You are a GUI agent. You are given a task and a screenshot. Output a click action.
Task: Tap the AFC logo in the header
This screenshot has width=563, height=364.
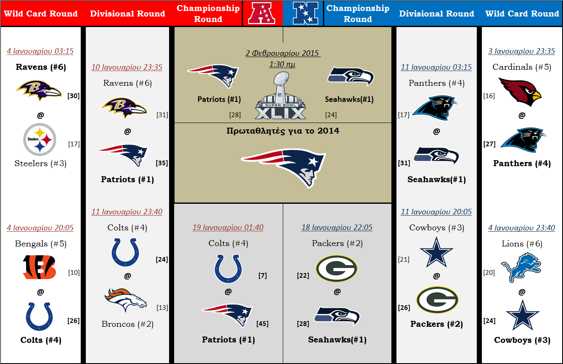coord(262,13)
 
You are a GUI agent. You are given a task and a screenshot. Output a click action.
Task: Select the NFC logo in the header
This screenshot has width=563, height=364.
coord(306,13)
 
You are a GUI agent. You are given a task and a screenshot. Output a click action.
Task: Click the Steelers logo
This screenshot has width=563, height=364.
coord(40,140)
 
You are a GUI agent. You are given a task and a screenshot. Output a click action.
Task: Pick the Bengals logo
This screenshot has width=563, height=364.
coord(39,267)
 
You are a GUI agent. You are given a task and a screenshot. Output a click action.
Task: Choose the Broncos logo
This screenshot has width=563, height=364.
coord(126,300)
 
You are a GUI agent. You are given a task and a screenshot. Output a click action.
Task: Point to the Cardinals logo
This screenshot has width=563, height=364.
coord(520,92)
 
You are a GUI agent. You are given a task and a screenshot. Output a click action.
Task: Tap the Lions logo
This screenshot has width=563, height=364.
coord(521,268)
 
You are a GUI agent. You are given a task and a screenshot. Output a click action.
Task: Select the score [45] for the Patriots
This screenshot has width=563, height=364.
coord(262,323)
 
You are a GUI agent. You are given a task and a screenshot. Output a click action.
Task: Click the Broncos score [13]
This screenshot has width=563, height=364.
coord(162,307)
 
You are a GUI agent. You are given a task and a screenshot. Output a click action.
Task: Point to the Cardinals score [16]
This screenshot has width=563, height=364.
coord(489,96)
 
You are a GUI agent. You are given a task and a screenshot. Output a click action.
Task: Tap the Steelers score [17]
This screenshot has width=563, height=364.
coord(74,144)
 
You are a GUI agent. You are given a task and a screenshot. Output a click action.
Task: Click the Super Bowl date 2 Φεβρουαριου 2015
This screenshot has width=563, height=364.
coord(283,53)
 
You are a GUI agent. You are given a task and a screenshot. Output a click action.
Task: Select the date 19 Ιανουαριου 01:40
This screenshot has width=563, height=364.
coord(228,227)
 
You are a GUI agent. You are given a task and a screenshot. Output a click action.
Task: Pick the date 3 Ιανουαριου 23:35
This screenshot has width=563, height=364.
coord(522,51)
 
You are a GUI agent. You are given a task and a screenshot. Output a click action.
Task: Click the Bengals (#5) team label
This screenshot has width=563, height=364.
coord(41,244)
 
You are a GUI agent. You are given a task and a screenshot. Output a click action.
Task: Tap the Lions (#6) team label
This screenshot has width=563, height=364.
coord(522,244)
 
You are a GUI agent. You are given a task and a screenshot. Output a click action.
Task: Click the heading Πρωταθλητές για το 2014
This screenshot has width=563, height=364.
coord(283,131)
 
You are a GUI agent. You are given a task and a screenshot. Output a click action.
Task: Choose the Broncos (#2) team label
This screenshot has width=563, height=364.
coord(127,324)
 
